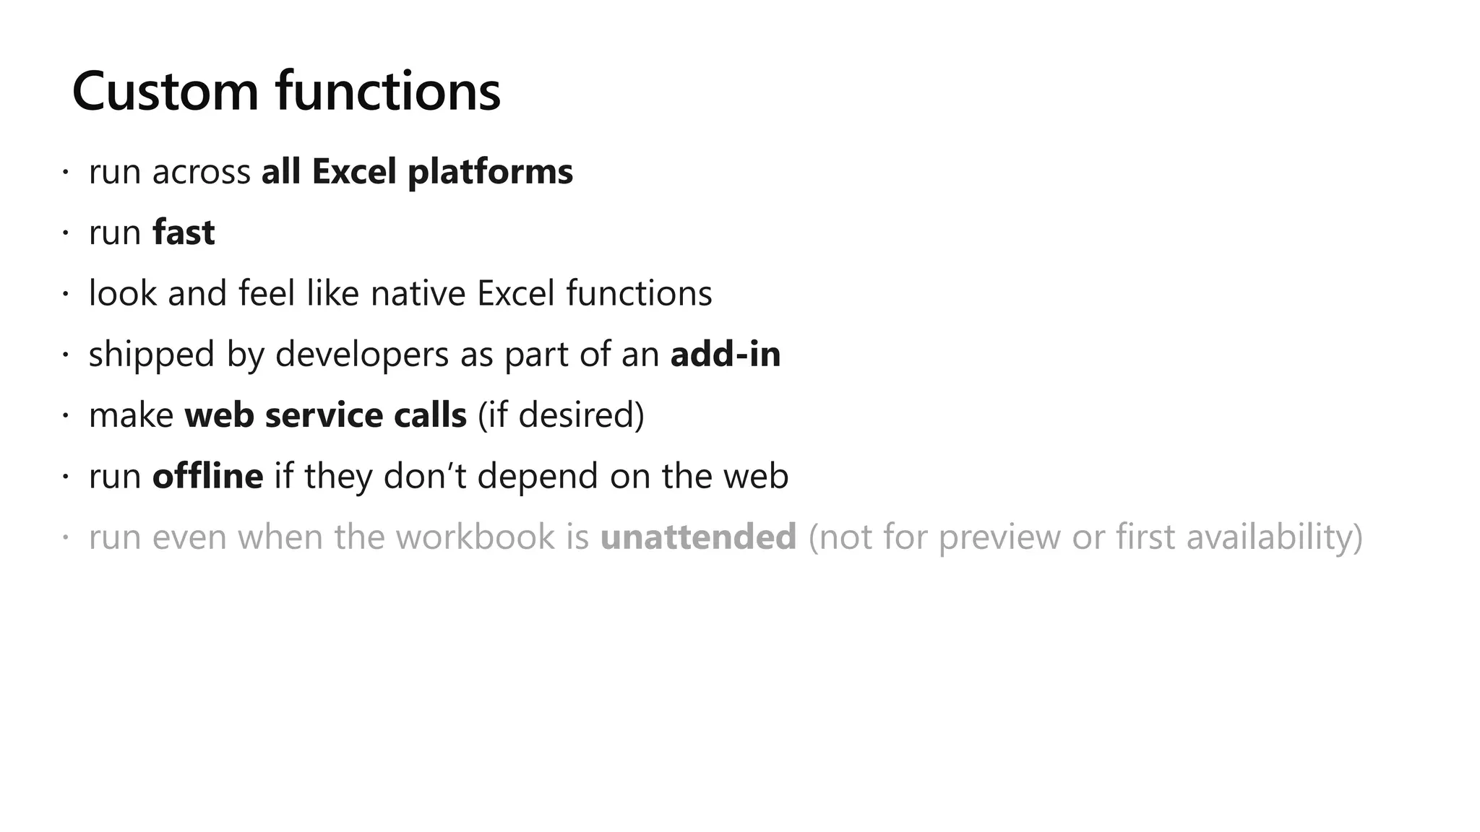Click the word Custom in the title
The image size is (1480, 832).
[165, 92]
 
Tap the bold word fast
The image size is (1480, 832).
[184, 233]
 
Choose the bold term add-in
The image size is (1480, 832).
[726, 355]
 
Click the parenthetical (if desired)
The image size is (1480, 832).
[561, 415]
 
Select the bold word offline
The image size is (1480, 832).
[208, 477]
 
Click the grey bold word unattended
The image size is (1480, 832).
[698, 537]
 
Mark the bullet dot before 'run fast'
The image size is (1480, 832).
[65, 233]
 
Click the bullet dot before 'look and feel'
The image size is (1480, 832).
[65, 294]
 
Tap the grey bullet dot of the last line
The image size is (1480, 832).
[65, 537]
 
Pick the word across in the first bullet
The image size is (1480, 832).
[201, 173]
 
